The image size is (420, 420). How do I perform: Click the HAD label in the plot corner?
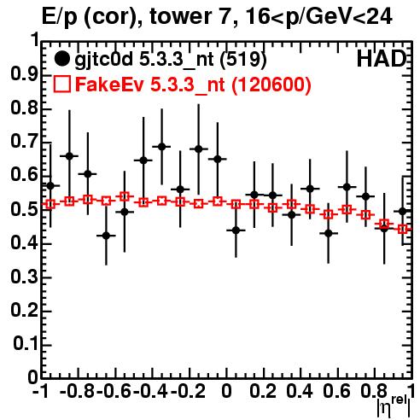coord(382,59)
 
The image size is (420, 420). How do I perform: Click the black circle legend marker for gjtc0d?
coord(61,59)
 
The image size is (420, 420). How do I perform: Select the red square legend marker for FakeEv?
coord(62,85)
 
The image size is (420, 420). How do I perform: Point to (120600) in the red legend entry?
coord(271,85)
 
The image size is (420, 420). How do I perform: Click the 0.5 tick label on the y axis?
coord(24,210)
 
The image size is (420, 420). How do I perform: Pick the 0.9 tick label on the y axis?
coord(24,74)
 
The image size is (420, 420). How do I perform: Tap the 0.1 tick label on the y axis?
coord(26,344)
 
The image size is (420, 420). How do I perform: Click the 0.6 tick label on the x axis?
coord(336,391)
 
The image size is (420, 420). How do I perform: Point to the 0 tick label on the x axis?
coord(226,391)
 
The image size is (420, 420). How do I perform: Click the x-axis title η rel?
coord(394,407)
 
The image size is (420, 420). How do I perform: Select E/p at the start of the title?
coord(59,18)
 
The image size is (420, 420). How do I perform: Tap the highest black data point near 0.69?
coord(161,147)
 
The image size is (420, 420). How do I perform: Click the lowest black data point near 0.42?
coord(106,236)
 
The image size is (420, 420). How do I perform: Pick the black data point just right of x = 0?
coord(236,230)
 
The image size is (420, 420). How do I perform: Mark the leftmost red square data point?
coord(50,204)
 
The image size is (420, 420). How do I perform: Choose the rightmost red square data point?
coord(403,229)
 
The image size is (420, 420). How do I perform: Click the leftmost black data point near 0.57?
coord(50,186)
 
